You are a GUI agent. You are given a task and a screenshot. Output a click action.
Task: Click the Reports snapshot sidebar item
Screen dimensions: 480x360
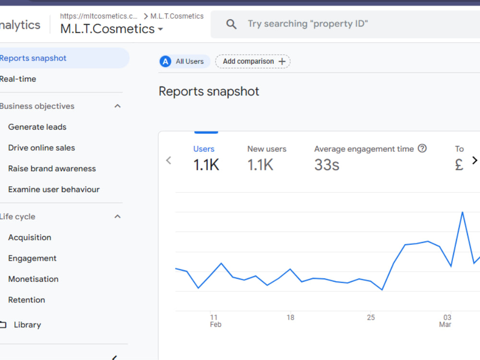[33, 58]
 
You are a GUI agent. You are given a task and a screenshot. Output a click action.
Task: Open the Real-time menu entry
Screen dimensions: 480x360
[18, 79]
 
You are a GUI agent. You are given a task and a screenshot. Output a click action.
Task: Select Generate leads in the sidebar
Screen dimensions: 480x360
[37, 127]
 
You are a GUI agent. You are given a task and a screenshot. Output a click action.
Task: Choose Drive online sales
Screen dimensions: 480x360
[42, 148]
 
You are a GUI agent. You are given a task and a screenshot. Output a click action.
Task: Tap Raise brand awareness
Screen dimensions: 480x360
[52, 168]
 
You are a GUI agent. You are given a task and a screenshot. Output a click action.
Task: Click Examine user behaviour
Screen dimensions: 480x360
[54, 190]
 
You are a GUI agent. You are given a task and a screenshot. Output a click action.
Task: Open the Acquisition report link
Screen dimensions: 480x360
[30, 238]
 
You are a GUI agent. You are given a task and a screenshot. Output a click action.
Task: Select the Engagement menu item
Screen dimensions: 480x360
[33, 258]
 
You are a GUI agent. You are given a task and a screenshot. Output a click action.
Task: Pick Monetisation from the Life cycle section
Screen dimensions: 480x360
[34, 279]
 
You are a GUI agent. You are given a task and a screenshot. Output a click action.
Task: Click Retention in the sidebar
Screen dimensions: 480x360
[26, 300]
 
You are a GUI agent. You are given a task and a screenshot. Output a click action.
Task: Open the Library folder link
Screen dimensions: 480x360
[27, 325]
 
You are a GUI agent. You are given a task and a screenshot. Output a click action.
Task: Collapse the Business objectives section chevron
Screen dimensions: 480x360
[118, 106]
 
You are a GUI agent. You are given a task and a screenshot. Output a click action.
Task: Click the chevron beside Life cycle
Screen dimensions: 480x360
[118, 216]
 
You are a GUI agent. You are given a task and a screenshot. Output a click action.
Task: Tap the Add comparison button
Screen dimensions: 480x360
[252, 61]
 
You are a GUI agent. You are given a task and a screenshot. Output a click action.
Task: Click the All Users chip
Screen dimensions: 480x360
[185, 61]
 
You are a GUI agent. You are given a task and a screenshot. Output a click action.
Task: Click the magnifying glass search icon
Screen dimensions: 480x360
[231, 24]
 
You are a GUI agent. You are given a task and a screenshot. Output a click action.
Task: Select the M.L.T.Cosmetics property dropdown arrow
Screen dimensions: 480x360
[160, 29]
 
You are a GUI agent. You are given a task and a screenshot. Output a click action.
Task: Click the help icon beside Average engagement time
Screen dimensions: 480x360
[422, 148]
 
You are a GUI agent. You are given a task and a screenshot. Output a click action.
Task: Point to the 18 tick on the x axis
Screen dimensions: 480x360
[290, 317]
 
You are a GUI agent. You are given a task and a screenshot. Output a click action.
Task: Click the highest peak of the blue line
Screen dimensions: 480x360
[462, 212]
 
